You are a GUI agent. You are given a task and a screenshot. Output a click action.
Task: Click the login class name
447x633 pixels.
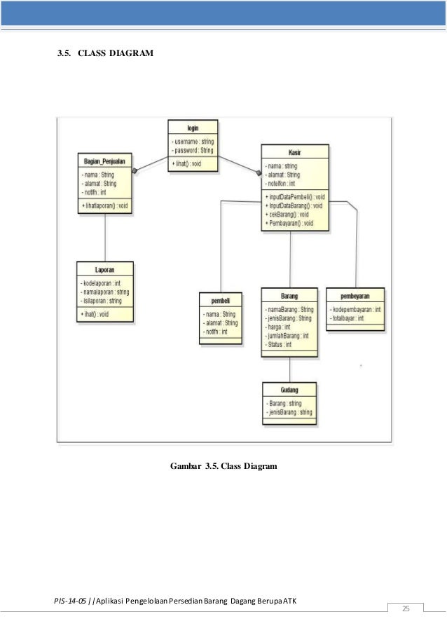[193, 128]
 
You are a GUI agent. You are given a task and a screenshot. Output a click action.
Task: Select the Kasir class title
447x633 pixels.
[294, 152]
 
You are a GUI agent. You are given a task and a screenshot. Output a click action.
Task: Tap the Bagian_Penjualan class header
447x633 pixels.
[104, 161]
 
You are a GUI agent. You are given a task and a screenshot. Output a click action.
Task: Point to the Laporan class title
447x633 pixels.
[105, 269]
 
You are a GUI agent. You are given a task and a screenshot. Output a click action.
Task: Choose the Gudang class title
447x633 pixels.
[289, 390]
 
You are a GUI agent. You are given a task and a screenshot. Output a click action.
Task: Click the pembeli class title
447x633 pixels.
[221, 300]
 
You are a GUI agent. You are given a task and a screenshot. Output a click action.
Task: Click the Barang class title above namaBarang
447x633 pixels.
[289, 296]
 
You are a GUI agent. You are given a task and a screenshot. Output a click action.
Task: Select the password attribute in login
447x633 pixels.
[193, 150]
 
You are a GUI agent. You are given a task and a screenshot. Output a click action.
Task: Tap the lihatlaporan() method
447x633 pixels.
[105, 205]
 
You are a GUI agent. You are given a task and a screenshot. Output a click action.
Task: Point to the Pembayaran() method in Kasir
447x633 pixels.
[289, 223]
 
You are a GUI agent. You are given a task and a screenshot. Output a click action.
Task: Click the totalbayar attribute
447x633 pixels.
[348, 318]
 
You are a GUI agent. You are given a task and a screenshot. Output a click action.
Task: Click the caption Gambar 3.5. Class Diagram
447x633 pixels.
[224, 465]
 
